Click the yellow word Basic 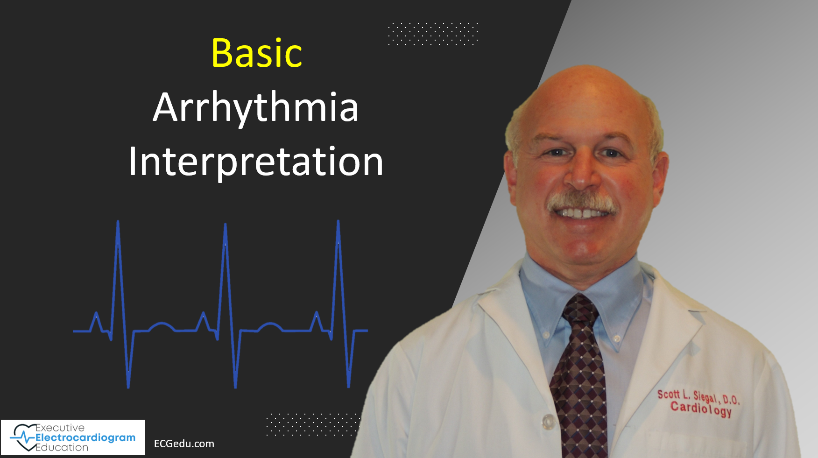[257, 53]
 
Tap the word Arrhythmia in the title [255, 108]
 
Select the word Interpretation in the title [256, 162]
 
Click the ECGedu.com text [184, 444]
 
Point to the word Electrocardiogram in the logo [85, 437]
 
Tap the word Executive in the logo [60, 428]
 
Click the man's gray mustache [582, 202]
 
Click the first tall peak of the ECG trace [118, 225]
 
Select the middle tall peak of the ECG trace [226, 227]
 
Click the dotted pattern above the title [433, 34]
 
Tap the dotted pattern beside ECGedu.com [312, 424]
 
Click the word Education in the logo [62, 447]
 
